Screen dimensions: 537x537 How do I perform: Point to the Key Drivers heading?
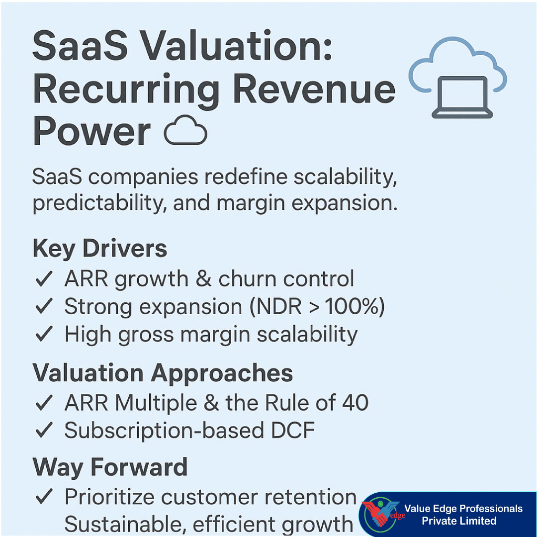[x=99, y=249]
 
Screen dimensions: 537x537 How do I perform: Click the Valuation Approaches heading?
[x=163, y=373]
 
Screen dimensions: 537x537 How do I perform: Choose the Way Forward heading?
[x=110, y=467]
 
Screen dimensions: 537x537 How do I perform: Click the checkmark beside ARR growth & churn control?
[x=44, y=280]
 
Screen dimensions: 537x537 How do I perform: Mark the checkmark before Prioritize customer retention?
[x=44, y=497]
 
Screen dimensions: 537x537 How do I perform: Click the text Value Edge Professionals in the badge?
[x=463, y=509]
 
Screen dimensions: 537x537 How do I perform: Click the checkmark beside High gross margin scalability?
[x=44, y=335]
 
